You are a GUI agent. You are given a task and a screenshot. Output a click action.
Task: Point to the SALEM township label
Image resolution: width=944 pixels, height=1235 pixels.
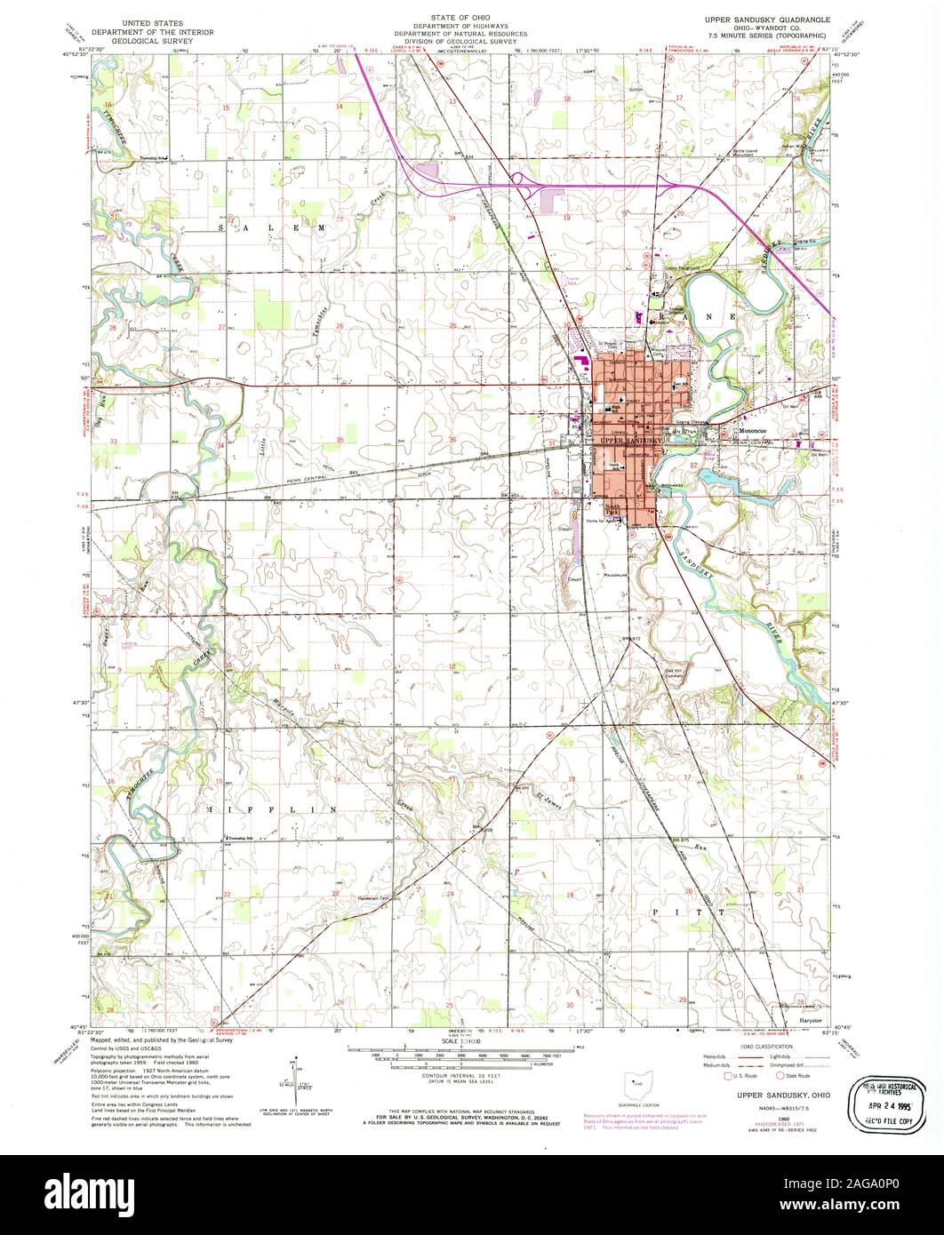pos(264,228)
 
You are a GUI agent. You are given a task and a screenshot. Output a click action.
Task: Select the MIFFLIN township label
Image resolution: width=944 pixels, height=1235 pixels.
pos(260,810)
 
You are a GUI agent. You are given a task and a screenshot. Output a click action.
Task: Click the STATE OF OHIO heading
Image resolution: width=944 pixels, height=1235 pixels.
pos(466,17)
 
